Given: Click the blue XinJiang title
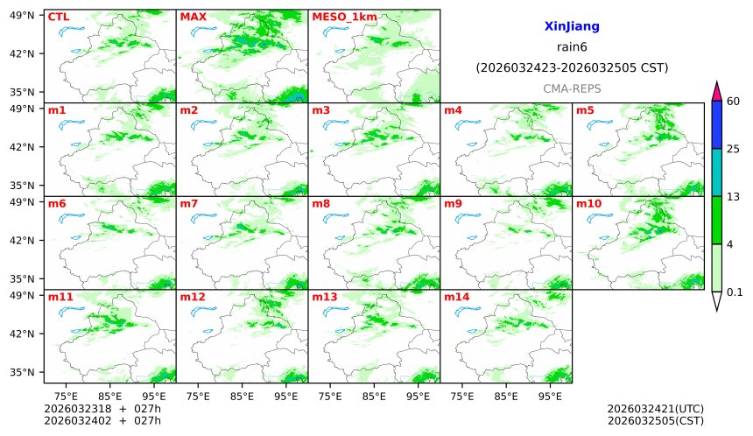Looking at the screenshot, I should point(571,27).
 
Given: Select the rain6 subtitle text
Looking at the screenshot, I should point(571,47).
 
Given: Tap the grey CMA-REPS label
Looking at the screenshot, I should point(571,88).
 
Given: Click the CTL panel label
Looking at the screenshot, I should point(59,17).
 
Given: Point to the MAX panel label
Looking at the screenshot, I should point(193,17).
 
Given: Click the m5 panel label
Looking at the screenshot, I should point(585,110).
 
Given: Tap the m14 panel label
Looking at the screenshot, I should point(456,297).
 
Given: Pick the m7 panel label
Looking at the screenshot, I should point(189,204).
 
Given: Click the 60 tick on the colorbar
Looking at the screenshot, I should point(734,102).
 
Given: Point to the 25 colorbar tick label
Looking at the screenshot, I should point(734,149).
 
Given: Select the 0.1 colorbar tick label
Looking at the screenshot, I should point(735,292).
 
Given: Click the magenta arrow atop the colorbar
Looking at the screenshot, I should point(716,91).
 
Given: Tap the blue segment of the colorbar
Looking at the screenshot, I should point(716,124).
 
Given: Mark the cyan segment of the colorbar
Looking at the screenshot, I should point(716,172).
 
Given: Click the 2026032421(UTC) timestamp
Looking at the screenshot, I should point(655,409).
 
